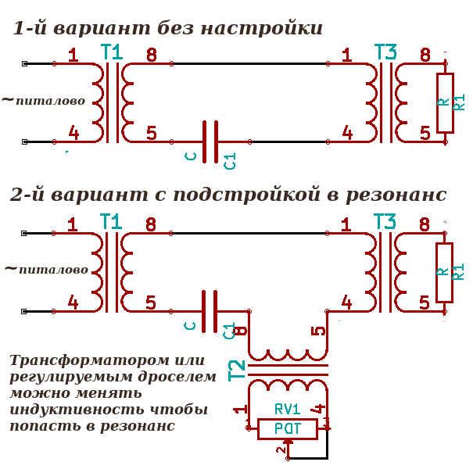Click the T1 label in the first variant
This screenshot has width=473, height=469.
(113, 53)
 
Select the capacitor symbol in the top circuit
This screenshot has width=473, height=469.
(210, 141)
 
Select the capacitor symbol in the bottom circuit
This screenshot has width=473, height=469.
(210, 311)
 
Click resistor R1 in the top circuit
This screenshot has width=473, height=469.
(446, 102)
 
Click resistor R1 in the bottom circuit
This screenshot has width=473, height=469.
(446, 272)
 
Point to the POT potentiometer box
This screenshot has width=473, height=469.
(287, 428)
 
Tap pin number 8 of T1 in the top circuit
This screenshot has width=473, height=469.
(151, 55)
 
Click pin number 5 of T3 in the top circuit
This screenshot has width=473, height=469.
(425, 133)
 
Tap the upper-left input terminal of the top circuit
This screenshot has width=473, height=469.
(25, 63)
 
